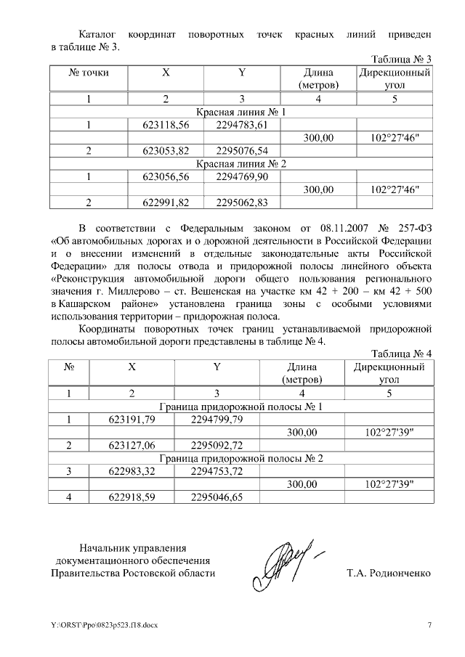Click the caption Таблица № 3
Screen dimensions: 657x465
coord(402,60)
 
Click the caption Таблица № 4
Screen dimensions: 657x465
coord(402,354)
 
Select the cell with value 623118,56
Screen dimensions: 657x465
coord(166,125)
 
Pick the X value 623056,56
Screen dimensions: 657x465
coord(166,176)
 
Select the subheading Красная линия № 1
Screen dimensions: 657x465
coord(242,113)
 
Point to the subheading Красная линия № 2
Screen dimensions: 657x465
coord(242,163)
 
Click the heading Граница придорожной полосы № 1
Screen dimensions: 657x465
coord(241,407)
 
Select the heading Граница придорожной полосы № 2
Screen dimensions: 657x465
coord(241,458)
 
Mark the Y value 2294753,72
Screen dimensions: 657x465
coord(216,471)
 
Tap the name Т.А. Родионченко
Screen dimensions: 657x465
coord(389,574)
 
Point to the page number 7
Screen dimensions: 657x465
coord(429,625)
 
